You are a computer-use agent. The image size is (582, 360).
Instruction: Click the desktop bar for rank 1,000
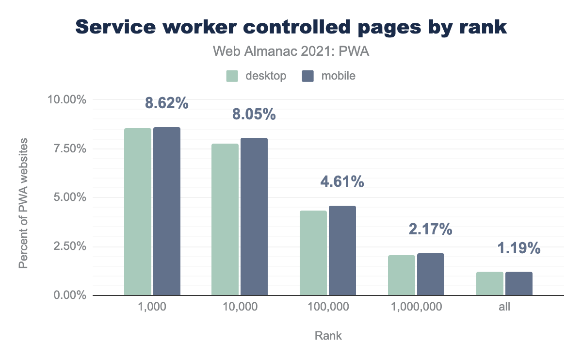138,212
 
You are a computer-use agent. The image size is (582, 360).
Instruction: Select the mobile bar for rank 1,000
167,211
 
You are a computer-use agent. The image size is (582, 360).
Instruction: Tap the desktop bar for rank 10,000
225,219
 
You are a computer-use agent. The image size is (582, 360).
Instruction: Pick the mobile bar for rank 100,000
342,250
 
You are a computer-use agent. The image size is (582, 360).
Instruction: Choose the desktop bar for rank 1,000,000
401,275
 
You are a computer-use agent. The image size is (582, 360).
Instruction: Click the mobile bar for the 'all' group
519,283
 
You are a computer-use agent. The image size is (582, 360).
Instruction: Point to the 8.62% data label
166,103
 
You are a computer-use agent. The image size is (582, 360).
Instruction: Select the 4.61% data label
342,182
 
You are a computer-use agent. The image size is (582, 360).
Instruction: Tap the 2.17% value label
430,229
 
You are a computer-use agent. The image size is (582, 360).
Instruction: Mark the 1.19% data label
518,248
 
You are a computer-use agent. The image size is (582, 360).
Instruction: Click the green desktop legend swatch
232,76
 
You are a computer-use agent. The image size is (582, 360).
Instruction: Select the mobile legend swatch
308,76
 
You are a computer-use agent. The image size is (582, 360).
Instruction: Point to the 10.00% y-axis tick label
66,100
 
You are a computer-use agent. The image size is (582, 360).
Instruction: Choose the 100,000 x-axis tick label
328,307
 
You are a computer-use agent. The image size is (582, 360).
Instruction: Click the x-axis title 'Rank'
328,336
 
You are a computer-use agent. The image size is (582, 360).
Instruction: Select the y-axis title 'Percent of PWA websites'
23,203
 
